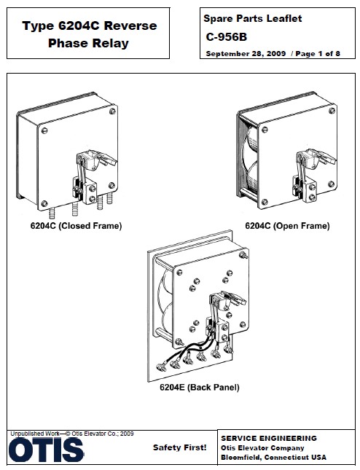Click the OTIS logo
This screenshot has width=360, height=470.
[x=46, y=450]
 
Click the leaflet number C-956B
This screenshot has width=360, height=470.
[x=227, y=37]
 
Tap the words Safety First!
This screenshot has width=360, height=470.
[x=179, y=447]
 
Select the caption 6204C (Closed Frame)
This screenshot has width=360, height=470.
[x=76, y=226]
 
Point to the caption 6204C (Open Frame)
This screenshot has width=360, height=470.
[x=287, y=226]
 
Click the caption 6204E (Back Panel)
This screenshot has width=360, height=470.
[x=200, y=387]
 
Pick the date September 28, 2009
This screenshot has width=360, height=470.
[x=246, y=54]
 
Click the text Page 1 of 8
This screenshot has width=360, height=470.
[x=318, y=54]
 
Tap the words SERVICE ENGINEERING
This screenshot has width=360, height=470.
[x=269, y=438]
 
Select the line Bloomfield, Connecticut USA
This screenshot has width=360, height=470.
[x=273, y=458]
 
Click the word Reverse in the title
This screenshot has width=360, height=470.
[x=130, y=26]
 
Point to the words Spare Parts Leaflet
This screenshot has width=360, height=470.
[x=253, y=19]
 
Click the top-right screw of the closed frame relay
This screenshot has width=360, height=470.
[x=112, y=111]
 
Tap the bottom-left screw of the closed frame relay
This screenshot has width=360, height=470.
[x=44, y=203]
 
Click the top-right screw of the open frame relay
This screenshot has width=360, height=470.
[x=332, y=111]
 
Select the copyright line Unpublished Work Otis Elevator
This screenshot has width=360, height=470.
[x=72, y=434]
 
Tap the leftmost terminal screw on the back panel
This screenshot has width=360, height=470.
[x=162, y=367]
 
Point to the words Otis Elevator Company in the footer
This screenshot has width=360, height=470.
[x=262, y=448]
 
